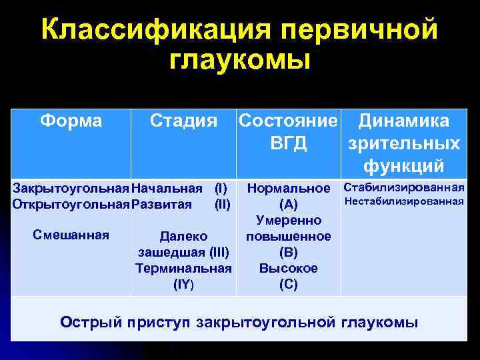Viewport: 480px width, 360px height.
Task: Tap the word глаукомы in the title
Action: pos(240,61)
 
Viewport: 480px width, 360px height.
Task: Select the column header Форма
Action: pos(71,121)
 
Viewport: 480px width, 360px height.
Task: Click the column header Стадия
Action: pos(183,121)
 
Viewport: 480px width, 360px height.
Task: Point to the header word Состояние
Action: pos(288,121)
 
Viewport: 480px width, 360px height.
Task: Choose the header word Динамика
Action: pos(403,121)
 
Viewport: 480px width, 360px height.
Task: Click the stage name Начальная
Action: pos(167,189)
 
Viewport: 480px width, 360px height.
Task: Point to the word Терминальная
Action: pos(183,269)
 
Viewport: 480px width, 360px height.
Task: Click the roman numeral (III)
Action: pos(219,253)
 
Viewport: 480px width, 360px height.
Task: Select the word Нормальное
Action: pos(289,189)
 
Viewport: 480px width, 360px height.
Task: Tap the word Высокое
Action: pos(289,269)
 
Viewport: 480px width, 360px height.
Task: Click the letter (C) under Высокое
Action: pos(289,285)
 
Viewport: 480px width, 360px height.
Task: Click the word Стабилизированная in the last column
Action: pos(403,187)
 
